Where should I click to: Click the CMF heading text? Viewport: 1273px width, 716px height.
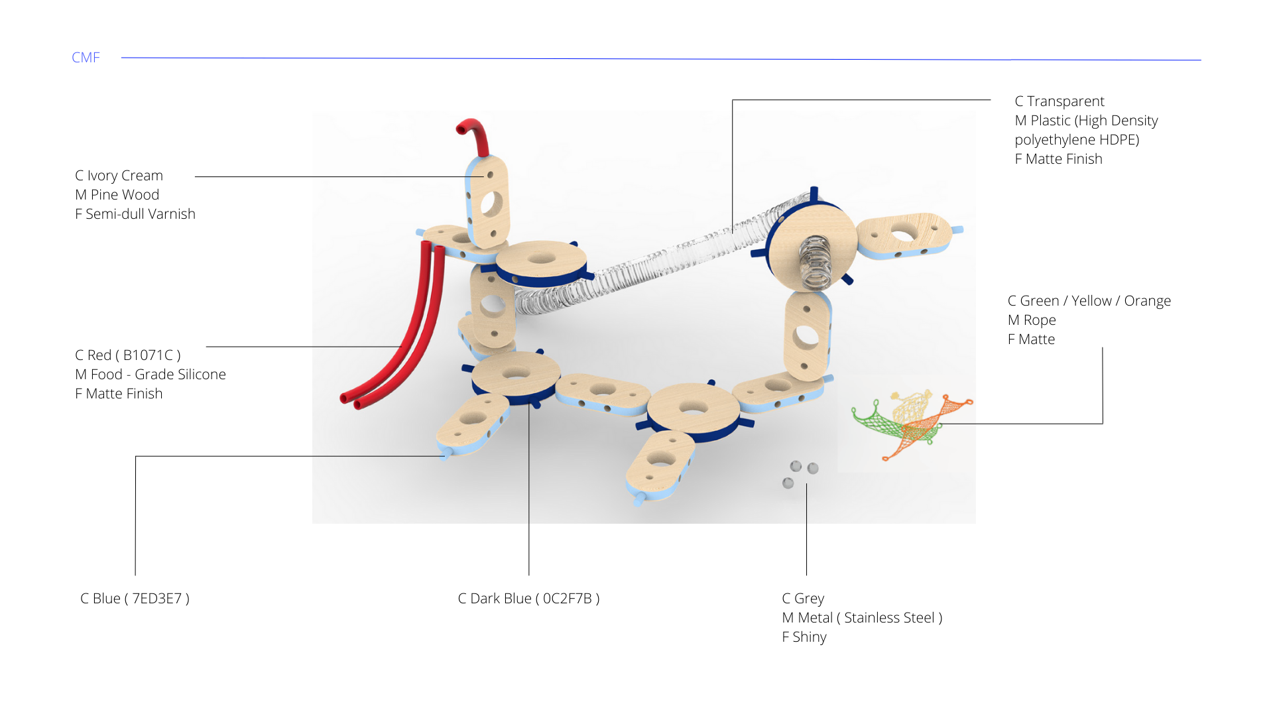(x=86, y=58)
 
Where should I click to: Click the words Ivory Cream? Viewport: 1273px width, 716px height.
(x=125, y=176)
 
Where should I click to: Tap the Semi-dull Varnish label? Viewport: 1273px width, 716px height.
(x=141, y=214)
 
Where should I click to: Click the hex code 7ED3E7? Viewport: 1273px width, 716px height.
(x=157, y=599)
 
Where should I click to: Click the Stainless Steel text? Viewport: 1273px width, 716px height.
(x=889, y=618)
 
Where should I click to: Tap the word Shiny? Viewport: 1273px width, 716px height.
(x=810, y=637)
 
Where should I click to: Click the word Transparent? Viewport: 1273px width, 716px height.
(x=1065, y=101)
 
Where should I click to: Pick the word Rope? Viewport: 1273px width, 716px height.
(x=1040, y=320)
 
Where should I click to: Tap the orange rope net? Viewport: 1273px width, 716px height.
(x=928, y=424)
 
